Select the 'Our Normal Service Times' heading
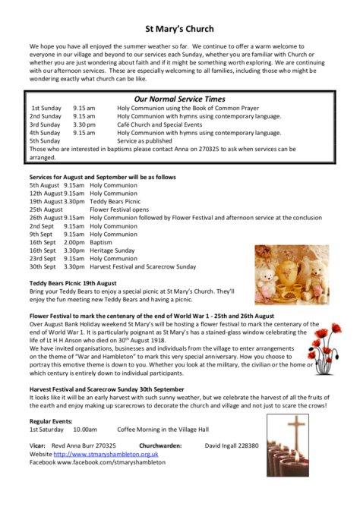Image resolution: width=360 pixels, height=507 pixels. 179,99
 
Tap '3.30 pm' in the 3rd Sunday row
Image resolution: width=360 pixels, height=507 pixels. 84,124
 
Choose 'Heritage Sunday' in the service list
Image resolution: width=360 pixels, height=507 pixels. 113,250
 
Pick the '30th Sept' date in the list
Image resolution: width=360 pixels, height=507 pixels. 43,267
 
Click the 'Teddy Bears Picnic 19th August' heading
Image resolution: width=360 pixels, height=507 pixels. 73,283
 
